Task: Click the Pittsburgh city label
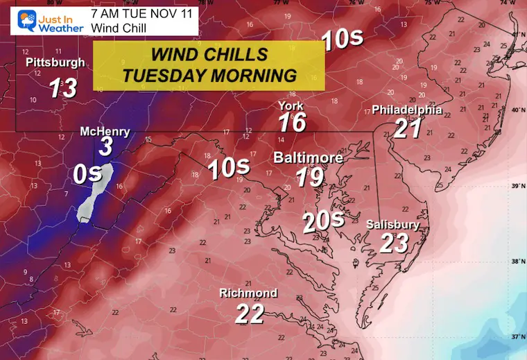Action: click(x=55, y=63)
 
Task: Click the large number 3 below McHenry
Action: click(x=105, y=147)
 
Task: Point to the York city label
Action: click(x=291, y=106)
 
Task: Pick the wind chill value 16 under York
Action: click(x=293, y=123)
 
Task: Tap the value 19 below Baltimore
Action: click(x=309, y=177)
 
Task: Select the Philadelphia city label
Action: click(x=407, y=110)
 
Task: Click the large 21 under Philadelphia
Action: click(x=408, y=129)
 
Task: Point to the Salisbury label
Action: click(x=393, y=225)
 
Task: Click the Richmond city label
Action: click(x=248, y=293)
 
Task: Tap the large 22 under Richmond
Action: click(x=250, y=313)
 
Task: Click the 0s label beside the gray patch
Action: click(x=88, y=175)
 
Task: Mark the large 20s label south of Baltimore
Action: click(x=323, y=221)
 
